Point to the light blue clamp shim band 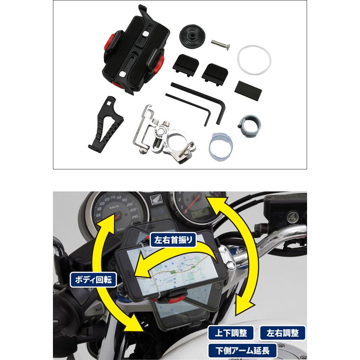point(220,145)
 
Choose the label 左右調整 point(283,333)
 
